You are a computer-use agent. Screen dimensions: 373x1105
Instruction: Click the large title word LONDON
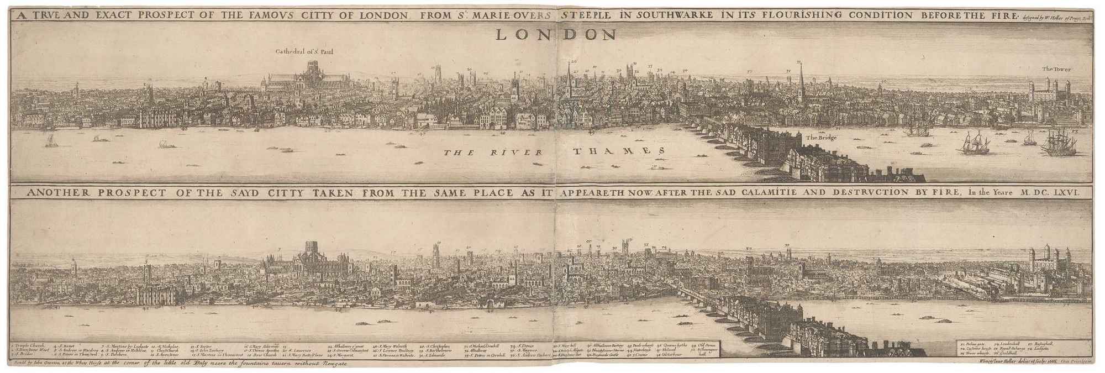[555, 35]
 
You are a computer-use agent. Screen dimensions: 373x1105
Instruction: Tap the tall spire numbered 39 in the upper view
[800, 83]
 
